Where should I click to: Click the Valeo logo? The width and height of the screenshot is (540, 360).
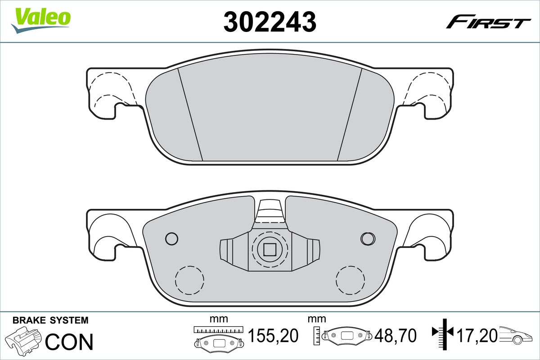(41, 19)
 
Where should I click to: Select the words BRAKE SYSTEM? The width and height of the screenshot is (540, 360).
(50, 321)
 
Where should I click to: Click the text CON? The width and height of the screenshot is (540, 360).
(70, 342)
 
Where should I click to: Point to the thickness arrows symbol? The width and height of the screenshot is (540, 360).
(444, 333)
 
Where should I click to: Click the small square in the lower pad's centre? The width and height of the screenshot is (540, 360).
(270, 249)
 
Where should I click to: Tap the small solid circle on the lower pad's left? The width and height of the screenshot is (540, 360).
(171, 238)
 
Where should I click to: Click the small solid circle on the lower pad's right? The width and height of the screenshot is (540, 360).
(368, 238)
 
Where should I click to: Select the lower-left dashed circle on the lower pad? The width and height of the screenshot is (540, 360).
(189, 280)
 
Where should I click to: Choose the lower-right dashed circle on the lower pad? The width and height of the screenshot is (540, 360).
(351, 280)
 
